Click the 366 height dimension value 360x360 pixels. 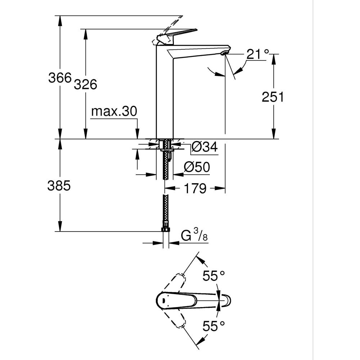(60, 78)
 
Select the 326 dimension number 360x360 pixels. (86, 84)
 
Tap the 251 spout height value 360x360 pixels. (273, 97)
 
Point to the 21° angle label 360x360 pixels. (258, 54)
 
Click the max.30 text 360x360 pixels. (114, 111)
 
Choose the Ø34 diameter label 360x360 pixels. (204, 147)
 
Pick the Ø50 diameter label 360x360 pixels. (197, 167)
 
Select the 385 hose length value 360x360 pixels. (59, 186)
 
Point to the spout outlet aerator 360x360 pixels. (225, 53)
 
